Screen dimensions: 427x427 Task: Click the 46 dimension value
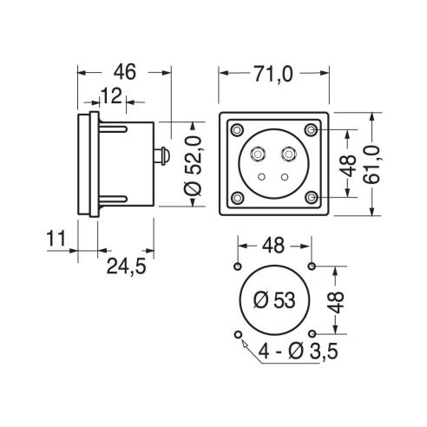124,72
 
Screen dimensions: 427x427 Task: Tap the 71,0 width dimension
273,74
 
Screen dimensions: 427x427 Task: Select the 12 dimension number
111,96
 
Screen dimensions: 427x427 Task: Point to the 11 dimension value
56,239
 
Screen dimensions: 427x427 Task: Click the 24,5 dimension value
127,266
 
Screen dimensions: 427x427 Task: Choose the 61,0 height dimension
371,165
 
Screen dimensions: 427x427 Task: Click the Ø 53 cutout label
274,300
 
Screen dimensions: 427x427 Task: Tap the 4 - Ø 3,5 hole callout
298,351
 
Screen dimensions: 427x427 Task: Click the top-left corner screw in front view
238,130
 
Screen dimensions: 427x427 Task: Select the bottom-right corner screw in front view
312,198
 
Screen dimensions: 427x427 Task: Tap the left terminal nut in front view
258,154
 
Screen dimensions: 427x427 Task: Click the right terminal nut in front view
289,154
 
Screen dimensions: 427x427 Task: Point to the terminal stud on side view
161,156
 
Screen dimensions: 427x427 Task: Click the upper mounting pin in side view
113,128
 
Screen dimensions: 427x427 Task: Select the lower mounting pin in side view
113,200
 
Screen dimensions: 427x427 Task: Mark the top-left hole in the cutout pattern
238,266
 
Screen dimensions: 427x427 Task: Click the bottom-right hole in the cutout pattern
312,334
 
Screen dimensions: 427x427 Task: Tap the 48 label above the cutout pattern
273,246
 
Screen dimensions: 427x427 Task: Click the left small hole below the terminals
262,177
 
